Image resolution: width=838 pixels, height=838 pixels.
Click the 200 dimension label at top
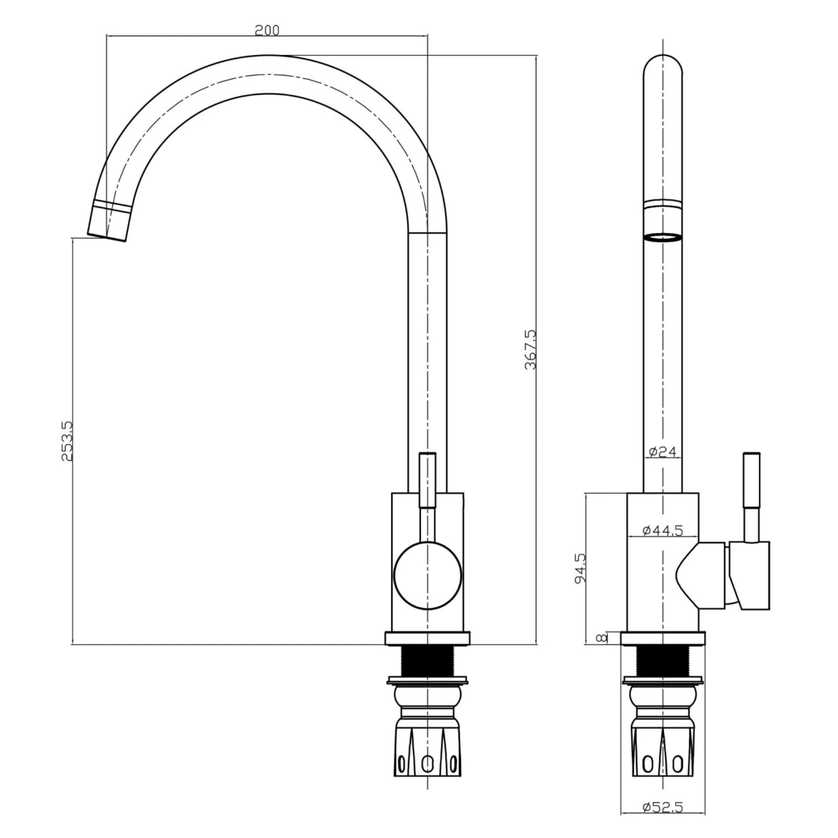coord(267,30)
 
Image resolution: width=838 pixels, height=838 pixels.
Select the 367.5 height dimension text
coord(530,349)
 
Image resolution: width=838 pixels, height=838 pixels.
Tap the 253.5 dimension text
coord(67,440)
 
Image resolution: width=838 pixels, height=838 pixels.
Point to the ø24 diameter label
coord(663,451)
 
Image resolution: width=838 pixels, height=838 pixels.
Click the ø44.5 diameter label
coord(663,531)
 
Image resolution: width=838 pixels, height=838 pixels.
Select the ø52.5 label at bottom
coord(663,822)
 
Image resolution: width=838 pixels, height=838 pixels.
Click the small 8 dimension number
coord(602,637)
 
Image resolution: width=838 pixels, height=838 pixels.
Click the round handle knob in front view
coord(428,576)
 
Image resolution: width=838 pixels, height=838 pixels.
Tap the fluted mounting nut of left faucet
coord(428,754)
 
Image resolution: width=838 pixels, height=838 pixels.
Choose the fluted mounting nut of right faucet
coord(663,754)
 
